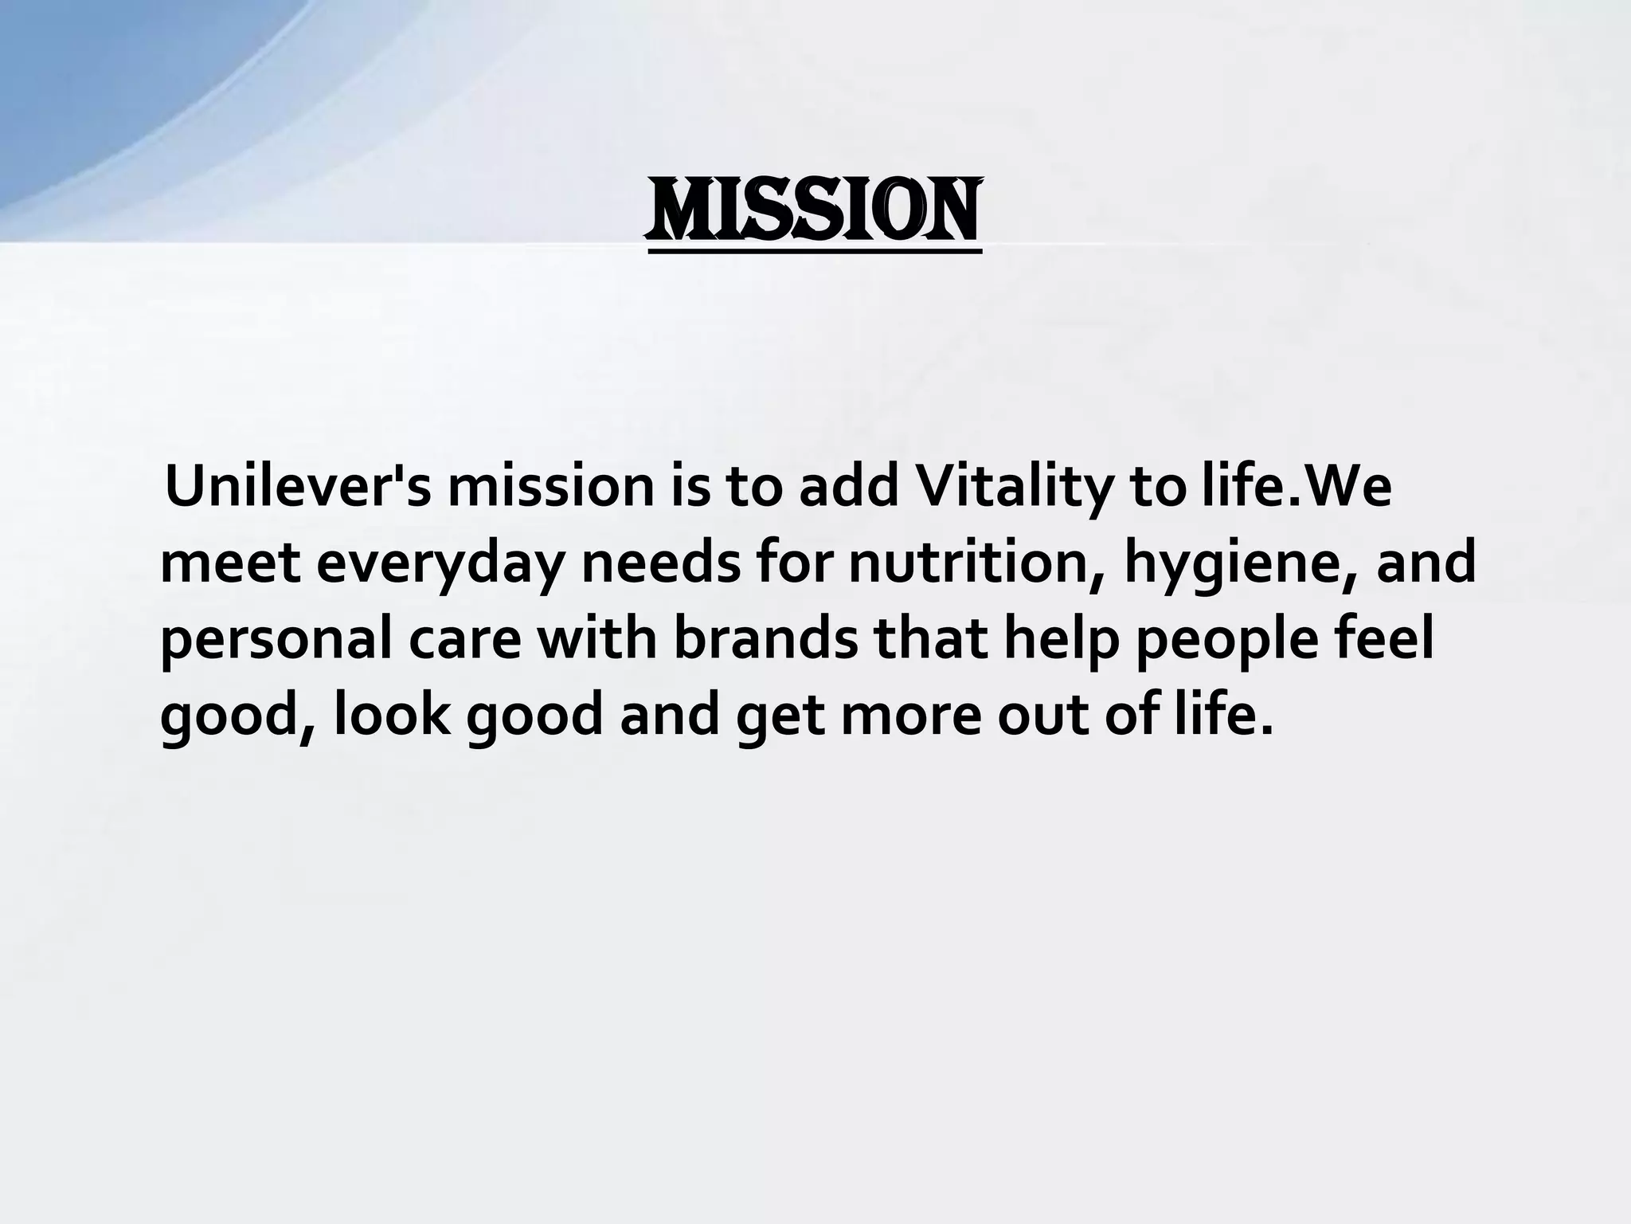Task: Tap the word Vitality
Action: [x=1012, y=487]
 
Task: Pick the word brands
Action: [x=765, y=639]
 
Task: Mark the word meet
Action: [x=230, y=563]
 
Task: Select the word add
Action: [x=848, y=487]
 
